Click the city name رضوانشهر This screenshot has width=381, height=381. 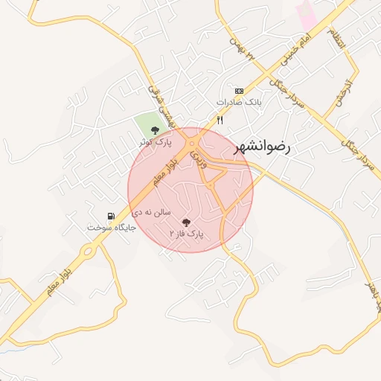tap(263, 146)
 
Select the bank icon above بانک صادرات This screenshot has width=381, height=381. tap(238, 89)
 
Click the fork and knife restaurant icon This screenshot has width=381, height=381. tap(220, 120)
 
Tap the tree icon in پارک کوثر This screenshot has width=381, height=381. tap(155, 130)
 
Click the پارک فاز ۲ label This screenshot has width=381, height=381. tap(186, 234)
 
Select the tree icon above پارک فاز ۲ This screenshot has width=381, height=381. tap(186, 222)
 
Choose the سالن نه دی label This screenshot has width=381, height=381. tap(152, 213)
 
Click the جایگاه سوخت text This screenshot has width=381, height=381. tap(111, 226)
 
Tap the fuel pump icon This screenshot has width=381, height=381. tap(111, 215)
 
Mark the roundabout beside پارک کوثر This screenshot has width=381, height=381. tap(193, 142)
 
